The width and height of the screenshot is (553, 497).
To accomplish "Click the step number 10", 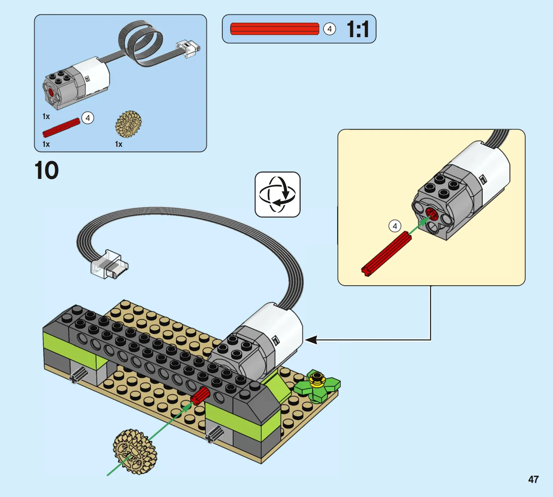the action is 46,170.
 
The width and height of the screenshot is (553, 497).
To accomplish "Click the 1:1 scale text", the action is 358,29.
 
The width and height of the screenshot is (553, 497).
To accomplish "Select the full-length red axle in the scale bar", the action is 275,29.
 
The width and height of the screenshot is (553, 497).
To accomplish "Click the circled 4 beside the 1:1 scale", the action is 329,29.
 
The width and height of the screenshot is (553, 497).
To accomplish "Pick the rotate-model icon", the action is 277,194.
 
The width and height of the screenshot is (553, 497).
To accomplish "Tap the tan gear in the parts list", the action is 128,124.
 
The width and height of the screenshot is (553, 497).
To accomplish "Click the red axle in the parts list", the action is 61,128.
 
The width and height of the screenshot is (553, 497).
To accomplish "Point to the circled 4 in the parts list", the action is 88,118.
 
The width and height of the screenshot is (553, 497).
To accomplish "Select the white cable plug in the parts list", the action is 188,48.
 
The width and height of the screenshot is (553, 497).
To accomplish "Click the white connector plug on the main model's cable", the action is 109,264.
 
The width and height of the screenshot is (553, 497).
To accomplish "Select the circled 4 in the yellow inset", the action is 395,226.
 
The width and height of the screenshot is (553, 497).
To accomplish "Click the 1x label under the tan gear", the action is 119,144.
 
